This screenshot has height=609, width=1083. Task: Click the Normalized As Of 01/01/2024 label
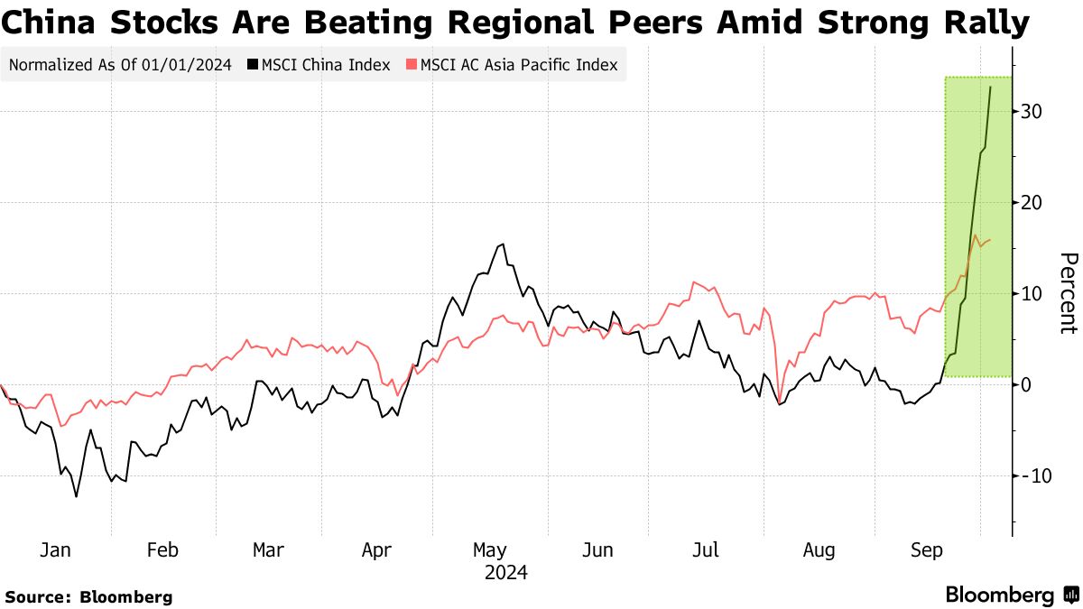tap(120, 65)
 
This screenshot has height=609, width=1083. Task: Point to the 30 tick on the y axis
tap(1032, 112)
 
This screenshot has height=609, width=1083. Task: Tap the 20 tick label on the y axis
tap(1032, 203)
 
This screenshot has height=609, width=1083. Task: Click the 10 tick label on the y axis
tap(1032, 294)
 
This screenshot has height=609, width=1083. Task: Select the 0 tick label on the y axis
tap(1026, 385)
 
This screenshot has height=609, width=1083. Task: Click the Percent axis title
tap(1068, 293)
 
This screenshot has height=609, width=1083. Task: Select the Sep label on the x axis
tap(928, 550)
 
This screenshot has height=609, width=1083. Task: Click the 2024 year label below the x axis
tap(505, 573)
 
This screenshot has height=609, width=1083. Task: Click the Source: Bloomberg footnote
tap(88, 596)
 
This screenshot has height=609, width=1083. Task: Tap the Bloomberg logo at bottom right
tap(1011, 595)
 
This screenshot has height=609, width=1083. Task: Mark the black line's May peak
tap(502, 244)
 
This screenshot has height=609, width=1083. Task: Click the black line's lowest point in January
tap(76, 496)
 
